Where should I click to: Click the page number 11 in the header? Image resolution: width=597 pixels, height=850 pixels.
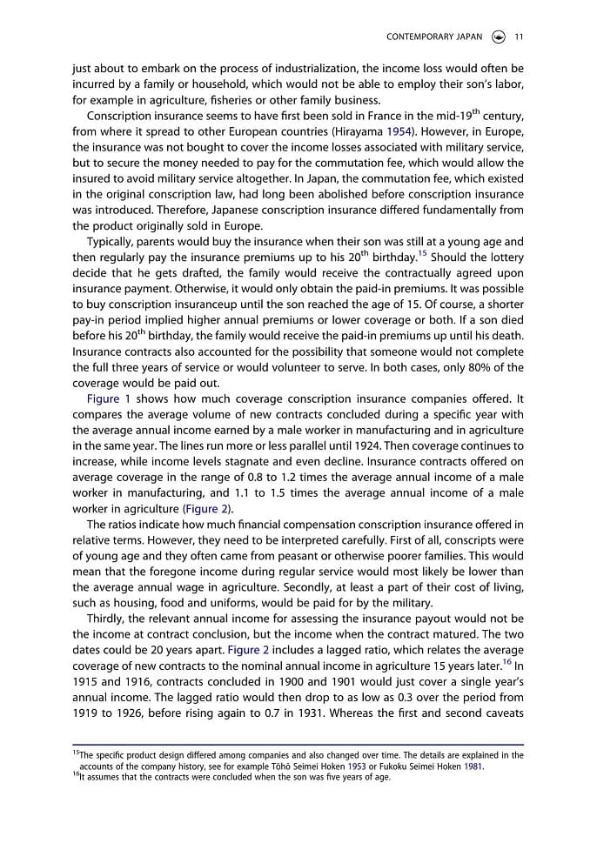tap(519, 37)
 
